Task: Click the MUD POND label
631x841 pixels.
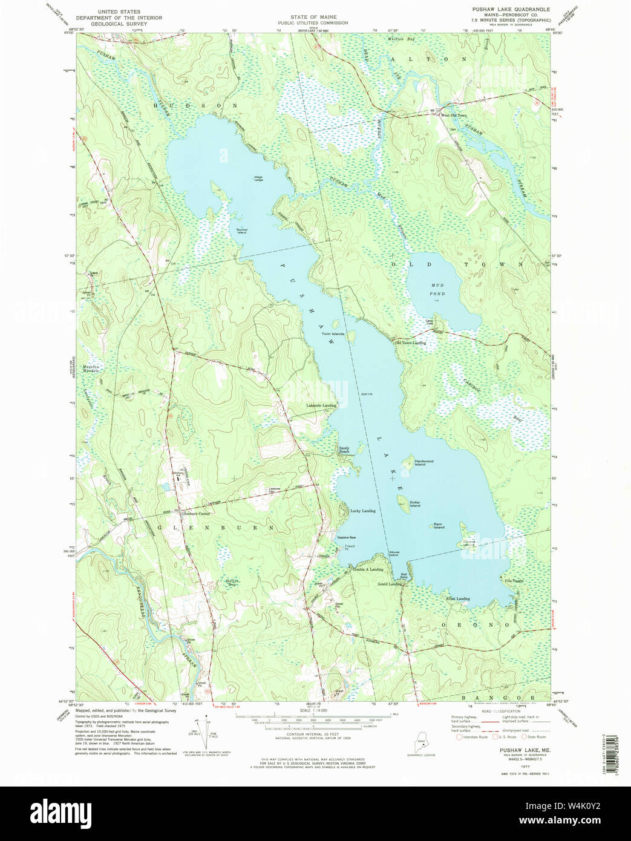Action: (437, 289)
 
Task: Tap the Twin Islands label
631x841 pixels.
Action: (333, 334)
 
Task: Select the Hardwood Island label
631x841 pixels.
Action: (423, 463)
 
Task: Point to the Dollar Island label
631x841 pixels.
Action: (414, 504)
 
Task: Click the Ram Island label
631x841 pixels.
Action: (438, 526)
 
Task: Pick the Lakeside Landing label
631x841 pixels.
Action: (321, 405)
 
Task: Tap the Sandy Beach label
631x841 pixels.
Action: (344, 450)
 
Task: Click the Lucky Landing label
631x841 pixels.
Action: (363, 511)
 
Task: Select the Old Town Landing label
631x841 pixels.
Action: (410, 343)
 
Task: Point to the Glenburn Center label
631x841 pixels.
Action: (195, 514)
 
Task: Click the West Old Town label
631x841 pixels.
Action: (454, 115)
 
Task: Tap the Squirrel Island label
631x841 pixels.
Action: (241, 231)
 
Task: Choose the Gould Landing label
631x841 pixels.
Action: (390, 584)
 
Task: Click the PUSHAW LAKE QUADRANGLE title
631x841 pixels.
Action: (511, 10)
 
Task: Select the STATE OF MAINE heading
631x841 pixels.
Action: (313, 17)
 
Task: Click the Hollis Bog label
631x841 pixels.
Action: (230, 583)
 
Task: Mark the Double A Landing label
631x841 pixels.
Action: (368, 569)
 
